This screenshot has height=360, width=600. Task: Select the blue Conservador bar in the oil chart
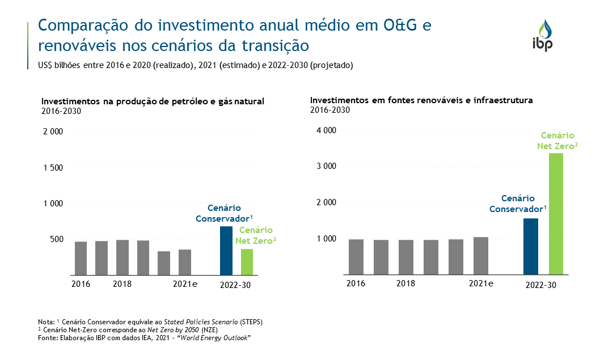click(226, 251)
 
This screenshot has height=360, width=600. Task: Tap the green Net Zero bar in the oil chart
click(247, 262)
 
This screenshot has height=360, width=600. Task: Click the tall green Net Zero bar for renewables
click(556, 214)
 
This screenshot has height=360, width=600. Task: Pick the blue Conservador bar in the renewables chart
click(531, 246)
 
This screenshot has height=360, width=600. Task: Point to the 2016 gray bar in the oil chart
click(81, 258)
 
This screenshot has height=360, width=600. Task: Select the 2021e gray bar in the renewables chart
click(481, 256)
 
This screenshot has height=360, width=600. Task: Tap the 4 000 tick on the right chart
click(326, 130)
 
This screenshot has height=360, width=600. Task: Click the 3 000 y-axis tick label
click(326, 167)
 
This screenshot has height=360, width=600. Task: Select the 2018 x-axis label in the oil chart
click(122, 284)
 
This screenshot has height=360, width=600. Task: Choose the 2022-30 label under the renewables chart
click(541, 285)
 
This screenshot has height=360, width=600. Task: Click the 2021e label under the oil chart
click(185, 284)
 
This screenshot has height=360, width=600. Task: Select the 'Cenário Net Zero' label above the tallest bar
click(557, 141)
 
